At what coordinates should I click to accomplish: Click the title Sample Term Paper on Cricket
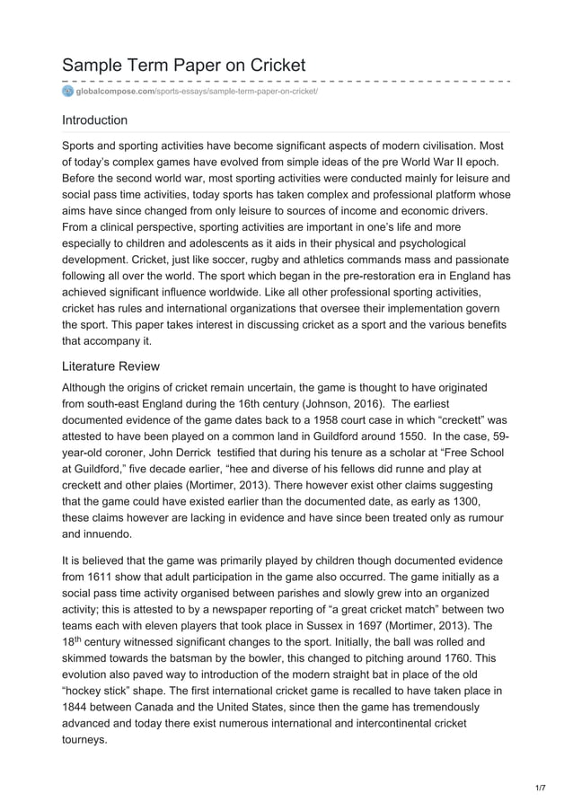(x=183, y=65)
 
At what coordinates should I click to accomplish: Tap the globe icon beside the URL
(x=67, y=92)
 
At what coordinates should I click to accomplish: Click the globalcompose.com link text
(x=115, y=92)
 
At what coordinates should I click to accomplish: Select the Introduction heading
(x=94, y=119)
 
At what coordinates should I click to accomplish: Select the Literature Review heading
(x=110, y=366)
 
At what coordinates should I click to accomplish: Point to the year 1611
(x=110, y=576)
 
